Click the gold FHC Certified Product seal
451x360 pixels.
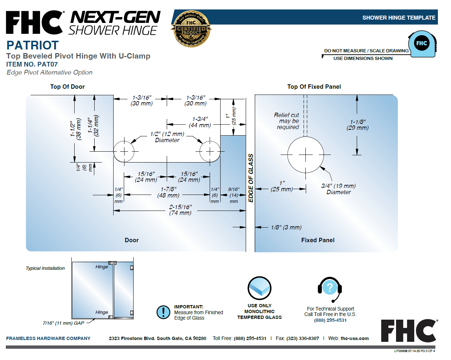click(191, 29)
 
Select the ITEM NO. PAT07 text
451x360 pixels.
click(32, 64)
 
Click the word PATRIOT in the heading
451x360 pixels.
click(32, 45)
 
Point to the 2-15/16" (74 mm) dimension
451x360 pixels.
click(180, 210)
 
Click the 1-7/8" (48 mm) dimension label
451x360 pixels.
click(168, 192)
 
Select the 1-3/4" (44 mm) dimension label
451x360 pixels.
click(200, 122)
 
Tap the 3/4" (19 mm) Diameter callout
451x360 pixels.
click(338, 189)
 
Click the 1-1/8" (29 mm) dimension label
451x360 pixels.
click(357, 125)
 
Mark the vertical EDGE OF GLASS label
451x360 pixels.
click(251, 178)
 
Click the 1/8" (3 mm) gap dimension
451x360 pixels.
click(286, 227)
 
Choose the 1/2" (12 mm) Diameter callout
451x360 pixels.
click(167, 137)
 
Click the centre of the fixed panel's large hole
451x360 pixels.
click(305, 155)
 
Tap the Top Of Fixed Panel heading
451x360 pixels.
click(314, 87)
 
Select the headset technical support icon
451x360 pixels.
click(330, 289)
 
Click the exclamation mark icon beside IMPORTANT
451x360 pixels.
click(163, 312)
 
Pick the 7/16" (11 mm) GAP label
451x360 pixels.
click(63, 323)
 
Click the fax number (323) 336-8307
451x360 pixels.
click(302, 339)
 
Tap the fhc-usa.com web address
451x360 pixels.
click(355, 339)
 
